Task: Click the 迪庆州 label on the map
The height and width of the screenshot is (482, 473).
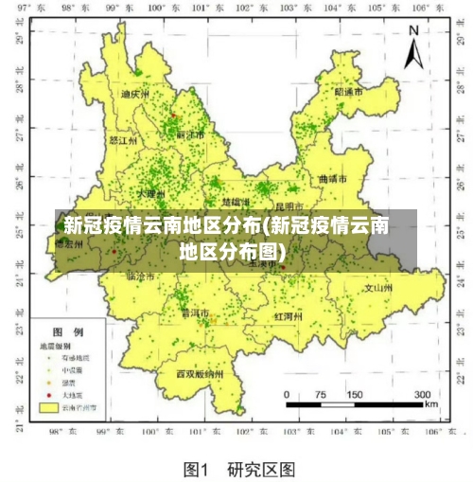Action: point(135,95)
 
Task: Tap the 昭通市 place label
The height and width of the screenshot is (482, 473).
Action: point(349,92)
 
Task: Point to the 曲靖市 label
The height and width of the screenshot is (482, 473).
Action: point(333,178)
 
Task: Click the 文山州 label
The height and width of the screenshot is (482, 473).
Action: point(378,285)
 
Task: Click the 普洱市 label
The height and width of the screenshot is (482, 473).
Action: point(195,312)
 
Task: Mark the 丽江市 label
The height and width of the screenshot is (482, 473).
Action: point(190,134)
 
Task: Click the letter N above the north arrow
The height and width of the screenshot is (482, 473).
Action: point(412,30)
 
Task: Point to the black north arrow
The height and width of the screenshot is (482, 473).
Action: point(412,55)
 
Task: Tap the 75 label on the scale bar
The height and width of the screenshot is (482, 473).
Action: point(320,394)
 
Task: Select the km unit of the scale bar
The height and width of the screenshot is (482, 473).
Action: point(431,404)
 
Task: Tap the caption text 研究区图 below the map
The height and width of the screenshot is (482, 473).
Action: point(261,468)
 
